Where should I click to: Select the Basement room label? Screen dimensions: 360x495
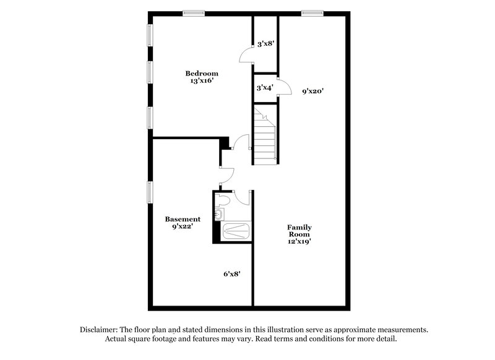coord(183,219)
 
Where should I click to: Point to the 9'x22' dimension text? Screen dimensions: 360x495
coord(183,226)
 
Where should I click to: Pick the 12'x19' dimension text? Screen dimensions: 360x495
coord(299,242)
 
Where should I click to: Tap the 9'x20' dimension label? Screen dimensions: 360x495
coord(313,91)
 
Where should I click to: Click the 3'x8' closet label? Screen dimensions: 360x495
coord(265,44)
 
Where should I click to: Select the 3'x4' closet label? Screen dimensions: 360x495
coord(265,88)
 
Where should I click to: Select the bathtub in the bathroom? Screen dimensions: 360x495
coord(235,231)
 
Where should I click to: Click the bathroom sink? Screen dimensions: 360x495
coord(218,215)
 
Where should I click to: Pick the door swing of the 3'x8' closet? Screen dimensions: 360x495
coord(246,56)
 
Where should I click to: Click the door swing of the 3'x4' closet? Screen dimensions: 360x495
coord(285,87)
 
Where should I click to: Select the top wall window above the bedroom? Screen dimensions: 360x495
coord(194,12)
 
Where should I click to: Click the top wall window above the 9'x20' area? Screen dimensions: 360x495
coord(312,12)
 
